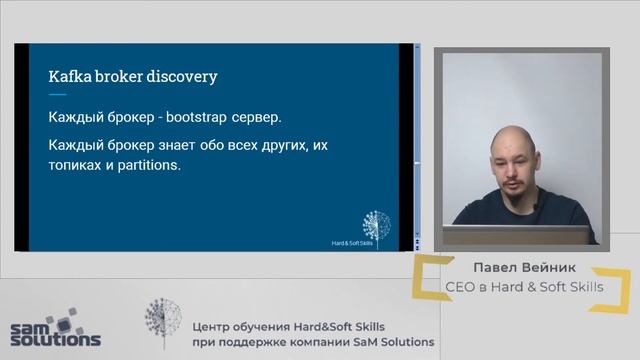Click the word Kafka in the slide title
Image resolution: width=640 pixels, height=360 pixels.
coord(70,76)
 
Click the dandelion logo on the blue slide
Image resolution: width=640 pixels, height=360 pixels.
coord(376,223)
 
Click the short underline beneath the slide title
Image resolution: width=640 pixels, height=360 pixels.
coord(57,93)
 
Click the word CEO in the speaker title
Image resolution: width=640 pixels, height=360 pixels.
coord(464,288)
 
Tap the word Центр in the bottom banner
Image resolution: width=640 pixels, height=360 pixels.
coord(213,325)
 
